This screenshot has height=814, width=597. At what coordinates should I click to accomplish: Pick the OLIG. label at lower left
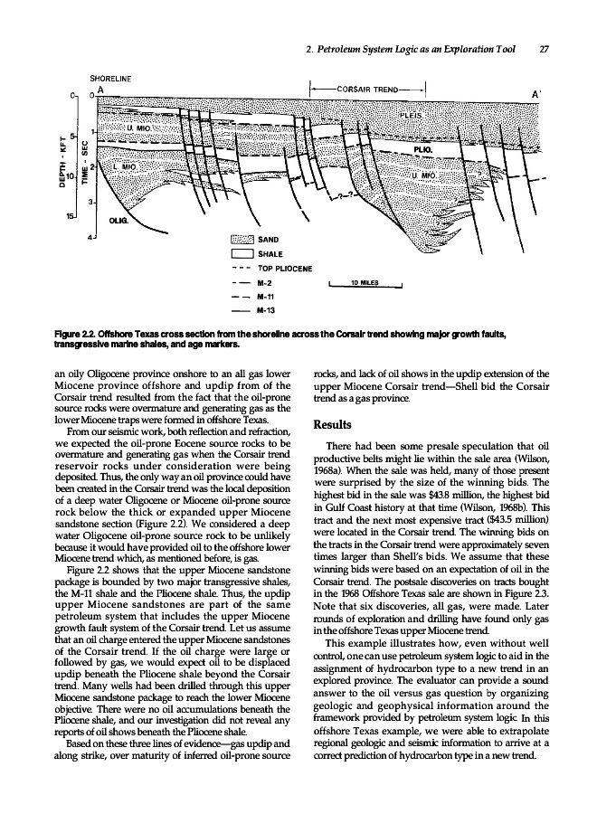coord(118,219)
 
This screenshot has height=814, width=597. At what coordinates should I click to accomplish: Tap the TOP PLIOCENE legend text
coord(285,269)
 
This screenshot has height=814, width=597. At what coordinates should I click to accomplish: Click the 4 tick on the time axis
coord(90,237)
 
